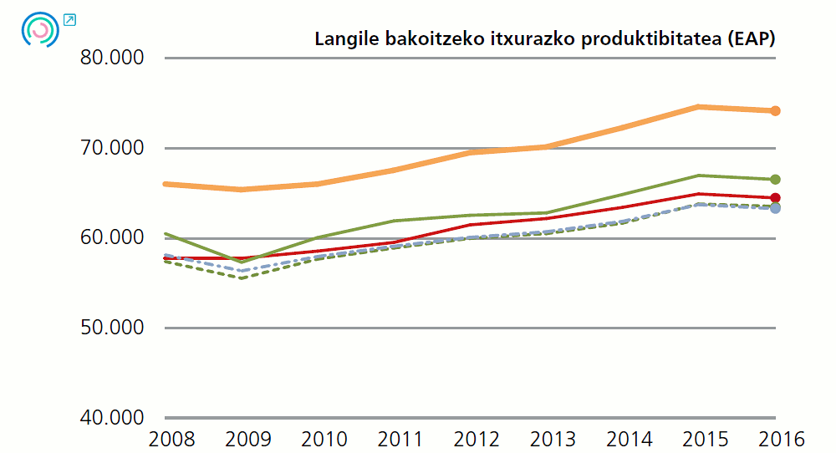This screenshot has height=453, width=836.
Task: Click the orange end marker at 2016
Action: point(775,111)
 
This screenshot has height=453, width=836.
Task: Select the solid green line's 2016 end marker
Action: point(775,180)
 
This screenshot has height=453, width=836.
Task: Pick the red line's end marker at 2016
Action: point(775,198)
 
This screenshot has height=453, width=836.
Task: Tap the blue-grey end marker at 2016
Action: point(775,208)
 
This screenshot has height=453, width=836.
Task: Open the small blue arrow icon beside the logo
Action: point(70,19)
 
